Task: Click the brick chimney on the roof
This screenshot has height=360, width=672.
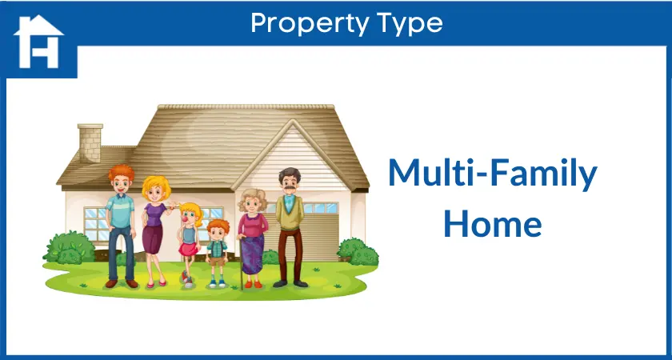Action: (x=90, y=142)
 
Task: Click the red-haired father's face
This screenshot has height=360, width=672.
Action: (x=121, y=182)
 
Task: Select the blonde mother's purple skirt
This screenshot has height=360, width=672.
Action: (x=153, y=239)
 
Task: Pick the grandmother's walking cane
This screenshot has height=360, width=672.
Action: (x=241, y=262)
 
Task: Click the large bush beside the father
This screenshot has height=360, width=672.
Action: (x=70, y=248)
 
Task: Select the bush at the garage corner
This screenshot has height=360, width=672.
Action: (x=358, y=252)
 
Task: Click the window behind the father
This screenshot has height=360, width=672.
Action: (x=97, y=224)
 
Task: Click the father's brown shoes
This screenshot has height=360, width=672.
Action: (x=122, y=283)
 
